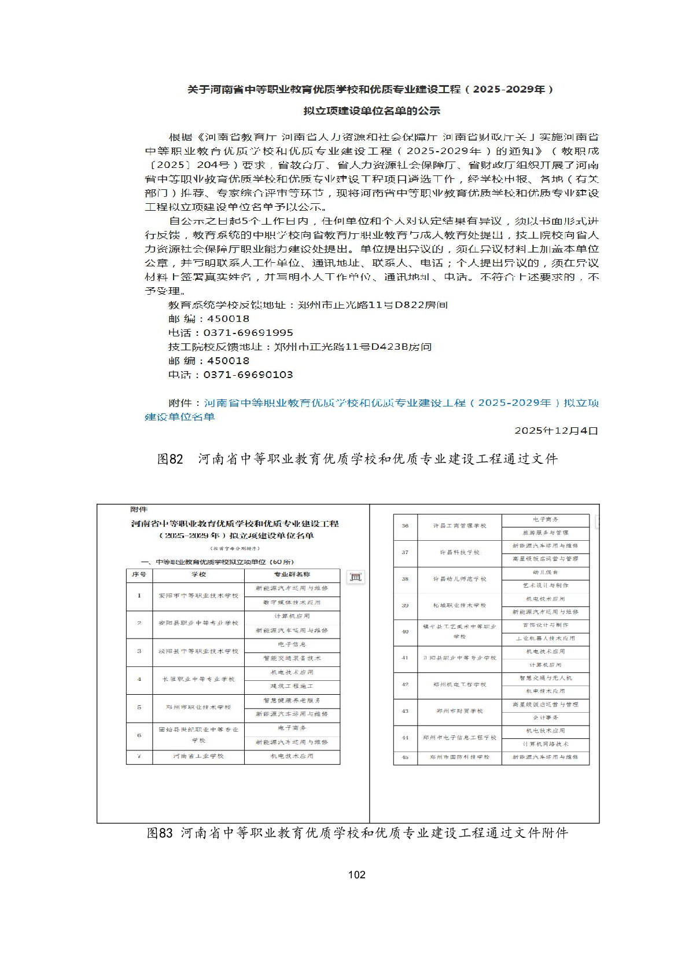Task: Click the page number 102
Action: click(x=356, y=874)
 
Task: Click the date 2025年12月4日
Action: click(x=556, y=431)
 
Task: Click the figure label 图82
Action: click(x=170, y=459)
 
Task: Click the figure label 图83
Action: click(x=160, y=833)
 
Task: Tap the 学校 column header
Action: click(x=198, y=575)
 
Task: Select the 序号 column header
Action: click(x=139, y=575)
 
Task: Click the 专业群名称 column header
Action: click(x=292, y=575)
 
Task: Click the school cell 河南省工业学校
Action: click(x=198, y=756)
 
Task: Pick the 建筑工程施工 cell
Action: click(x=292, y=686)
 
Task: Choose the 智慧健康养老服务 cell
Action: click(x=292, y=700)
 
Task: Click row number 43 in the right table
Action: click(x=405, y=711)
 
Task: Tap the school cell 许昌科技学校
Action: click(x=459, y=552)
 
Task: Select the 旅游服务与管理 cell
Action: click(x=545, y=533)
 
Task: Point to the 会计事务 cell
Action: click(x=545, y=717)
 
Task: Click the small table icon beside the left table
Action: click(x=355, y=577)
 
